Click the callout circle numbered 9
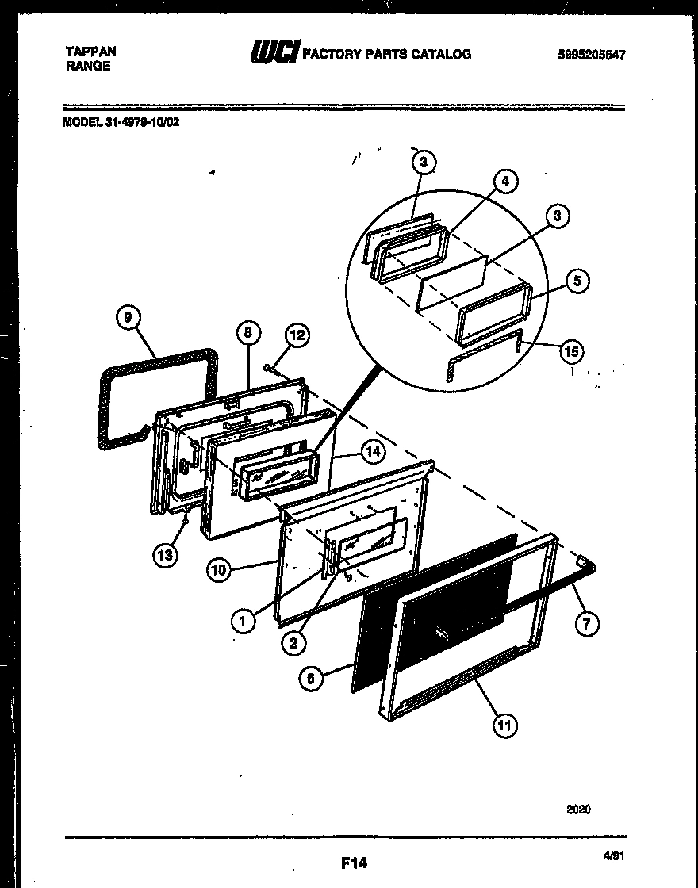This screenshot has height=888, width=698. [x=126, y=318]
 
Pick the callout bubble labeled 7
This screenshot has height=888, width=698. [x=585, y=623]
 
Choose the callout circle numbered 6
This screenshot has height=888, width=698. [x=311, y=678]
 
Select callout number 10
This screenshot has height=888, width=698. [x=220, y=568]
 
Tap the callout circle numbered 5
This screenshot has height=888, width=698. [x=579, y=281]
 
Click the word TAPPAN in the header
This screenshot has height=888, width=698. [x=90, y=52]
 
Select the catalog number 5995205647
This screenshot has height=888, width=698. [x=591, y=55]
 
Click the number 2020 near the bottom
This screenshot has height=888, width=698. [x=578, y=810]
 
